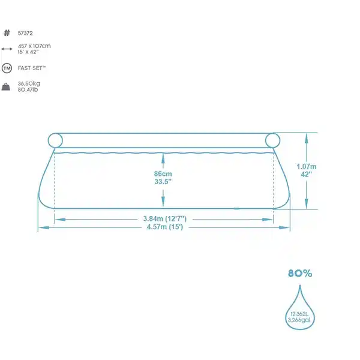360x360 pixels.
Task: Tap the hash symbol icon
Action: pyautogui.click(x=7, y=33)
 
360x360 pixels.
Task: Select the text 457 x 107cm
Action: pyautogui.click(x=35, y=46)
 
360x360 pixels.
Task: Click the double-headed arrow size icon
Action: pyautogui.click(x=7, y=49)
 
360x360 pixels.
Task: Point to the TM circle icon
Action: pyautogui.click(x=7, y=68)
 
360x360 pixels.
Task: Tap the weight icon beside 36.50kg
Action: pyautogui.click(x=7, y=87)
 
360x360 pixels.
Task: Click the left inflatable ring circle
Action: pyautogui.click(x=55, y=140)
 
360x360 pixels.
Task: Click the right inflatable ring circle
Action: pyautogui.click(x=273, y=140)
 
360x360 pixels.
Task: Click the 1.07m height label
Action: pyautogui.click(x=307, y=166)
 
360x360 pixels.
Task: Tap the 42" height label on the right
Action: pyautogui.click(x=307, y=175)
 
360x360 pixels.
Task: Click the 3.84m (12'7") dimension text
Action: pyautogui.click(x=163, y=219)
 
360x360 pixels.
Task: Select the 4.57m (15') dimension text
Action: pyautogui.click(x=163, y=228)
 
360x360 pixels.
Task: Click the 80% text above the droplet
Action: pyautogui.click(x=300, y=274)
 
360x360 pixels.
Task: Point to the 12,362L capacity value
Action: pyautogui.click(x=299, y=314)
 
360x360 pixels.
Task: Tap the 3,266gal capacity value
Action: pyautogui.click(x=299, y=322)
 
